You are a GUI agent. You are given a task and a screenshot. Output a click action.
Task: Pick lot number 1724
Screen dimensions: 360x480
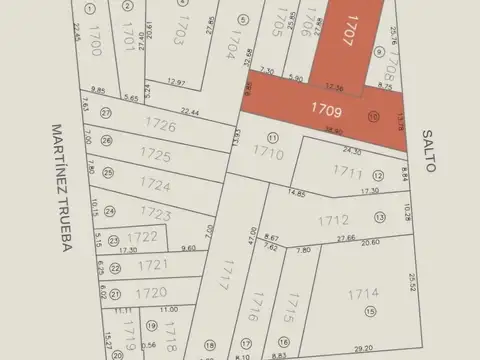154,184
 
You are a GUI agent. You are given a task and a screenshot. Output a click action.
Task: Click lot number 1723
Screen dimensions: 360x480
156,213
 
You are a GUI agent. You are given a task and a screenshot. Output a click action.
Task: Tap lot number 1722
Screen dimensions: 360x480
142,237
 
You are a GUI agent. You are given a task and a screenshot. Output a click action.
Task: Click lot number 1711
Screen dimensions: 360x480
347,171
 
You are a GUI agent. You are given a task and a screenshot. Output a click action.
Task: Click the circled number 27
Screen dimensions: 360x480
106,113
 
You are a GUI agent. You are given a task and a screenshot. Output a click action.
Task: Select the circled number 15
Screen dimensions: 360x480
370,312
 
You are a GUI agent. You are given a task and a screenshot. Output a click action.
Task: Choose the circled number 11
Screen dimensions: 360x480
271,137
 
